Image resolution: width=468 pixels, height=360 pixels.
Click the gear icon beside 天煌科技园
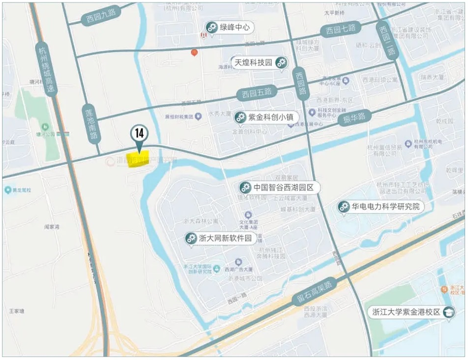(281, 63)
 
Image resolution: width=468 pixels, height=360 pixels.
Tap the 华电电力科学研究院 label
(386, 207)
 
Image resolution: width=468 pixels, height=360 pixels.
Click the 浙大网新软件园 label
(225, 239)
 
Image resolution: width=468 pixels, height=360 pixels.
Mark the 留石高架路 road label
(313, 291)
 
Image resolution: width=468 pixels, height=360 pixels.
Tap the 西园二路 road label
(386, 41)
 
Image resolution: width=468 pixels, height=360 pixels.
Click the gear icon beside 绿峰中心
(212, 28)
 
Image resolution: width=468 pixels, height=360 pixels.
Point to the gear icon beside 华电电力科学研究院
(344, 207)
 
